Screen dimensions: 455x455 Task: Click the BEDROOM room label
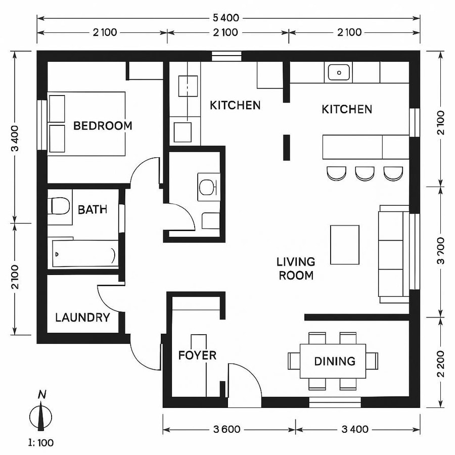[103, 125]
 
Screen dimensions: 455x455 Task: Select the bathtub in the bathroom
[85, 254]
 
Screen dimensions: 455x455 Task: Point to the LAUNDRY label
[82, 317]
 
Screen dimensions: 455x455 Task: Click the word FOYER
[197, 355]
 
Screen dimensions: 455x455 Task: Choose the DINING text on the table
[334, 361]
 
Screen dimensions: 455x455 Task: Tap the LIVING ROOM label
[296, 268]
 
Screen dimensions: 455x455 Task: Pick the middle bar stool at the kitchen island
[365, 173]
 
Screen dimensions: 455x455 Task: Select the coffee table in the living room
[345, 245]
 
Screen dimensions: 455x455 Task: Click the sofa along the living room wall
[393, 254]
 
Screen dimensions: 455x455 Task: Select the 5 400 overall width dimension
[228, 18]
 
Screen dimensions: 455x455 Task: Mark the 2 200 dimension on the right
[442, 363]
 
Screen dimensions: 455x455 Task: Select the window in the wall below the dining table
[335, 402]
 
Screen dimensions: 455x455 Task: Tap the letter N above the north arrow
[42, 395]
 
